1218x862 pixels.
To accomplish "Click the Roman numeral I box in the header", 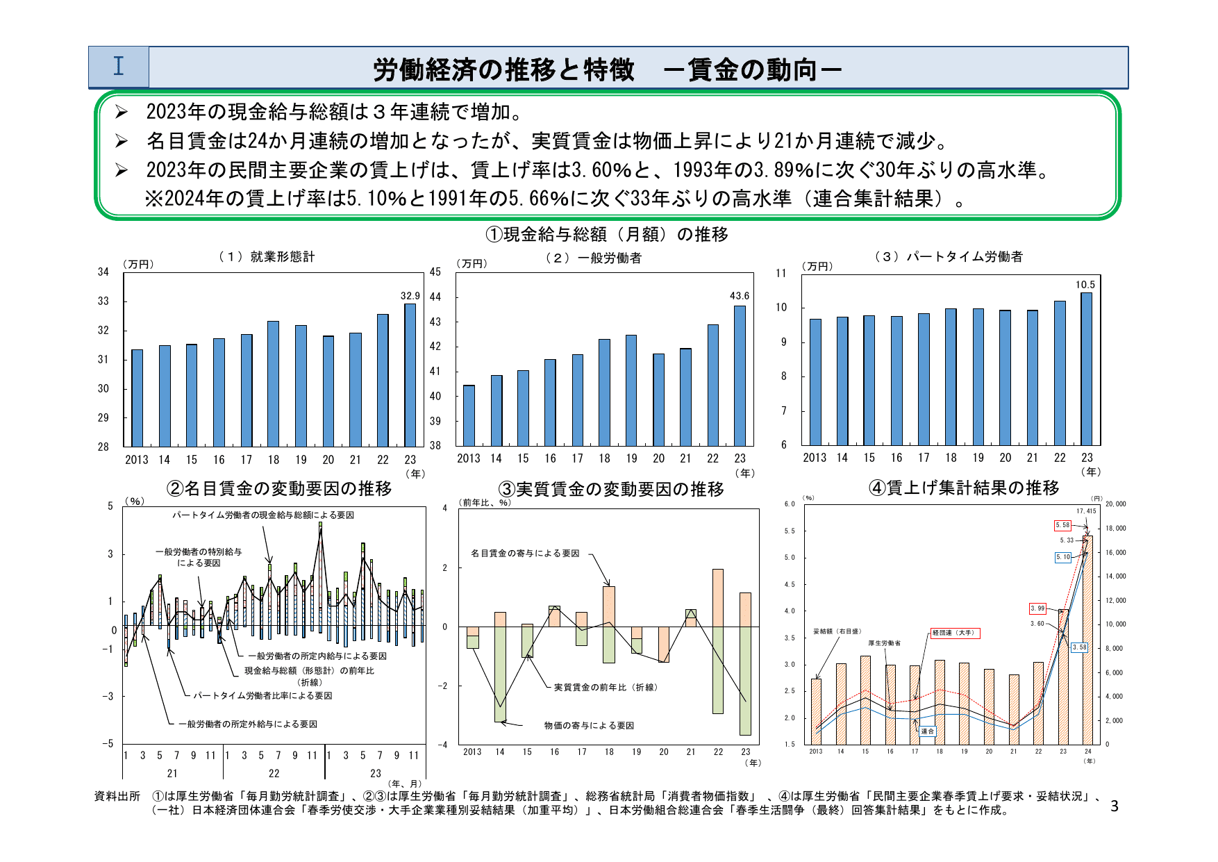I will coord(119,67).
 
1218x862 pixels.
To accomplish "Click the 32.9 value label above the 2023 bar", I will coord(410,296).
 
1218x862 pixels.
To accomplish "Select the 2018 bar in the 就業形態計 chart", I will coord(274,383).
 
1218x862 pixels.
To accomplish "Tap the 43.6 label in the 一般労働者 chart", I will coord(740,296).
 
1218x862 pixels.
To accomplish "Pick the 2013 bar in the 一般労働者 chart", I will coord(469,415).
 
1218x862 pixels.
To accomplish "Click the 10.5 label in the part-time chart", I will coord(1085,285).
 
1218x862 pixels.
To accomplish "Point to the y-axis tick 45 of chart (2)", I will coord(435,272).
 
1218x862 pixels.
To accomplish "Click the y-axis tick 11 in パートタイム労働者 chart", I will coord(781,273).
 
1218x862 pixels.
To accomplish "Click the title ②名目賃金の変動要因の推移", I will coord(279,488).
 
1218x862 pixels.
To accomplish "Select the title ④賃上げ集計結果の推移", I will coord(964,488).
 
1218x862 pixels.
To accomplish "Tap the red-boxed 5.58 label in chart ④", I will coord(1062,526).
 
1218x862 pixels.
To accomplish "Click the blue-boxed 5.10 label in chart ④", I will coord(1063,557).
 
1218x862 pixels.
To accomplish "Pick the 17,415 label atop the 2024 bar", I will coord(1086,511).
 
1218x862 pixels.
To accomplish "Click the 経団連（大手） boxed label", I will coord(953,633).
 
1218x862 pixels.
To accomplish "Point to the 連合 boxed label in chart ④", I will coord(928,731).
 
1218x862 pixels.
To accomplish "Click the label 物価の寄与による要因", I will coord(589,725).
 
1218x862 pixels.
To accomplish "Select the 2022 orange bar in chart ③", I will coord(718,597).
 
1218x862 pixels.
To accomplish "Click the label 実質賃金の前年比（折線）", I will coord(606,687).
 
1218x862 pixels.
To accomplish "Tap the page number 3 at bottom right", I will coord(1115,806).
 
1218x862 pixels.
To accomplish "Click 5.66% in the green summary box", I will coord(540,199).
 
